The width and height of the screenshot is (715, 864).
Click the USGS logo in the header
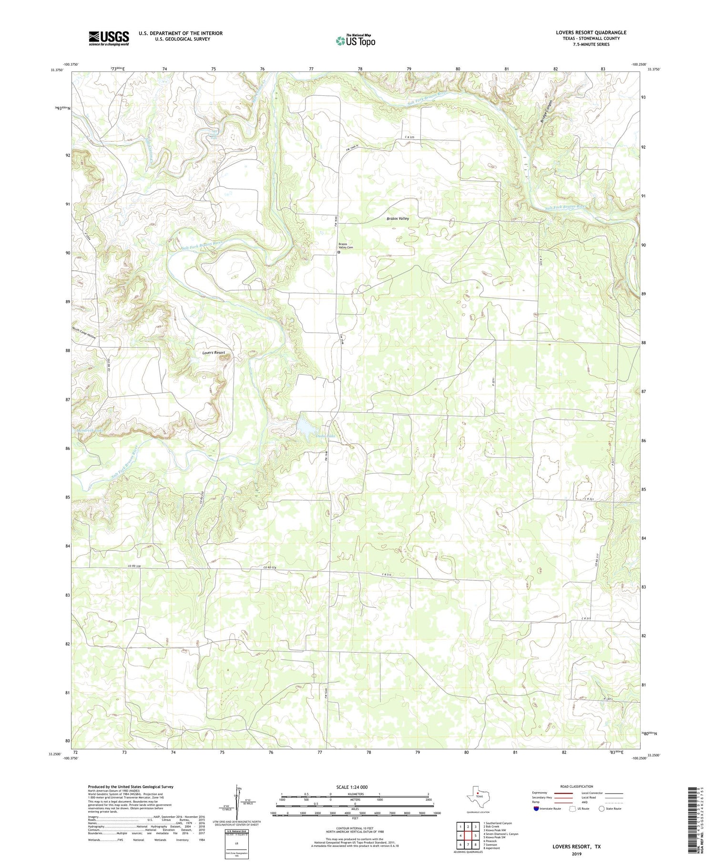(109, 38)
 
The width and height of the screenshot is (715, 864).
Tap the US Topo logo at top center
(355, 41)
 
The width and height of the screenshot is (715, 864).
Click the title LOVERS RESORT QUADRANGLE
(591, 32)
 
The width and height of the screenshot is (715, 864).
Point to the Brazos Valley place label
(398, 218)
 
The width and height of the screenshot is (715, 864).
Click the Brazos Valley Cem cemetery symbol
(339, 253)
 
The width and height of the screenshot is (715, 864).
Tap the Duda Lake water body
(306, 426)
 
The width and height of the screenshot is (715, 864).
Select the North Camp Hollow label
(84, 333)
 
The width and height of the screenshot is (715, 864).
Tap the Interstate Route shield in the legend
(536, 809)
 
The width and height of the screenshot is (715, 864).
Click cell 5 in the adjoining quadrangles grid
(475, 835)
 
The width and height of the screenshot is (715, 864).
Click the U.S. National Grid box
(236, 843)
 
